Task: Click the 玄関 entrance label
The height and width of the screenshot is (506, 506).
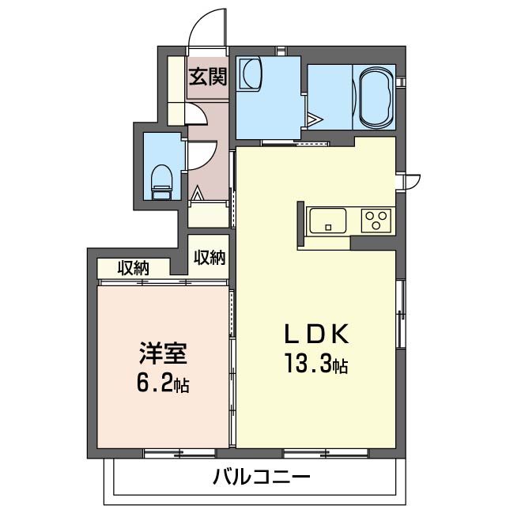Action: click(208, 77)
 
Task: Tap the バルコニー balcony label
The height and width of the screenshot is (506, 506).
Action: click(261, 477)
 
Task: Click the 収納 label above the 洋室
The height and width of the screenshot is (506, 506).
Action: click(134, 269)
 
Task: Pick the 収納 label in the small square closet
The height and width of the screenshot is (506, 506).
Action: click(210, 257)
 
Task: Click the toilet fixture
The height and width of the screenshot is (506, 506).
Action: click(161, 179)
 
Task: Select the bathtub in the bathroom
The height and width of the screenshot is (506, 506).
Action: click(376, 98)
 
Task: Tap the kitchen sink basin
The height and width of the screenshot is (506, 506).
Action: click(328, 221)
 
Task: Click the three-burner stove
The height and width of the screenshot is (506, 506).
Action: click(376, 220)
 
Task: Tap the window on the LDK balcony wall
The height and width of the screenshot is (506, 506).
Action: click(326, 453)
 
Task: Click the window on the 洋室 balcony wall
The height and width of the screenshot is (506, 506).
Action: click(179, 453)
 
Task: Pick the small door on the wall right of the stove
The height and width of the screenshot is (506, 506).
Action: click(410, 180)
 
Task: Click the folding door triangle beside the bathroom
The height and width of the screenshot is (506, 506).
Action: click(315, 120)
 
